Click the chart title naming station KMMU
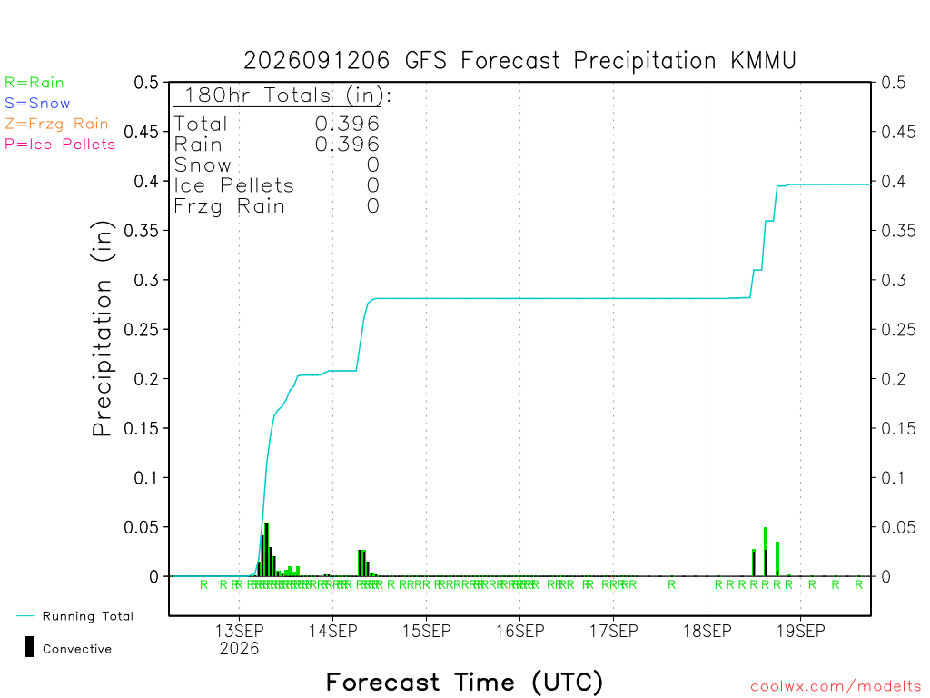pos(519,61)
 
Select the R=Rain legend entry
pos(35,83)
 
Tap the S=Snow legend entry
pos(37,104)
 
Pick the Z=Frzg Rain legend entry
pos(56,124)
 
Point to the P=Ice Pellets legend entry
pos(60,145)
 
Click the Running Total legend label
pos(88,616)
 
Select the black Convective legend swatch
pos(29,647)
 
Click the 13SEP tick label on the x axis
pos(239,631)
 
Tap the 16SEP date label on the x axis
pos(520,631)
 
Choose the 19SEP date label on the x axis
pos(801,631)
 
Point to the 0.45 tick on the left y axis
pos(142,132)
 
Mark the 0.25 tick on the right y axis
pos(898,329)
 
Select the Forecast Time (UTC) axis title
pos(464,682)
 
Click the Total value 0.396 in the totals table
pos(347,124)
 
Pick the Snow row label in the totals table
pos(203,165)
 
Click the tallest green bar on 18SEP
pos(766,552)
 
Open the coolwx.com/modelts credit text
pos(836,687)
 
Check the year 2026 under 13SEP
pos(239,648)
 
